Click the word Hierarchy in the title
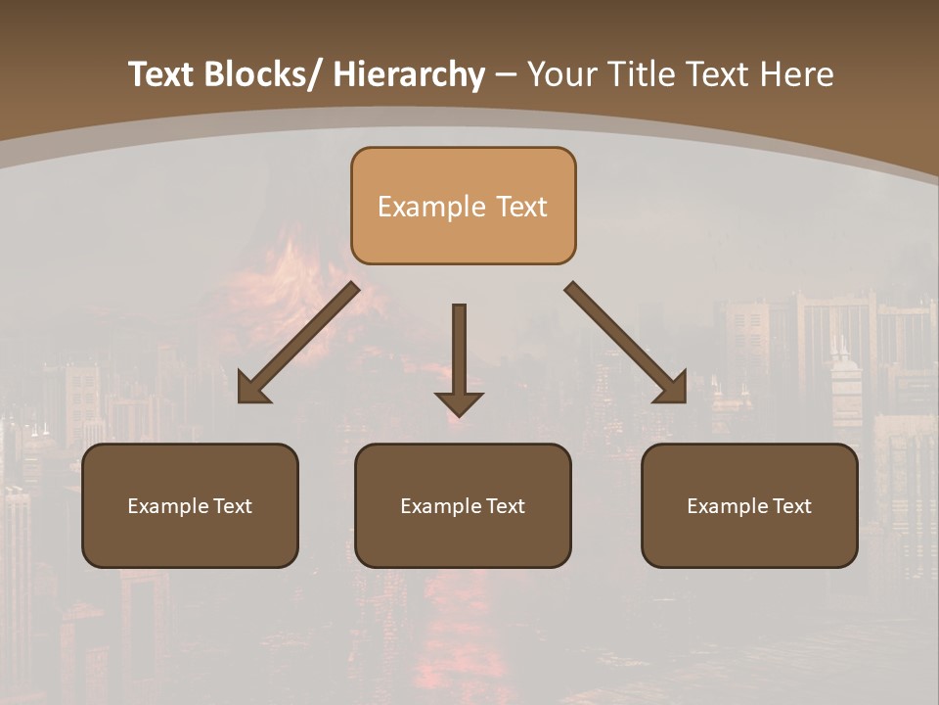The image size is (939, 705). click(x=409, y=75)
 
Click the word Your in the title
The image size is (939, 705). click(x=561, y=75)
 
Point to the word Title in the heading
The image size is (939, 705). click(x=640, y=75)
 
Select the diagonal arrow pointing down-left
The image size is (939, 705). click(x=298, y=343)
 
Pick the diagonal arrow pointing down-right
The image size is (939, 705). click(x=626, y=343)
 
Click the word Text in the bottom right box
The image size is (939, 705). click(x=792, y=506)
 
